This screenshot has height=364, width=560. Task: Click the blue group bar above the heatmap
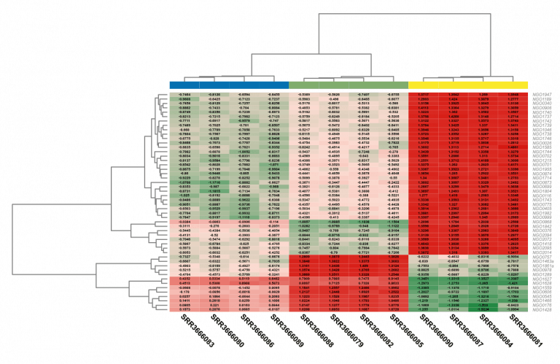pyautogui.click(x=229, y=85)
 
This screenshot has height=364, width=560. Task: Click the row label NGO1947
pyautogui.click(x=540, y=96)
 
